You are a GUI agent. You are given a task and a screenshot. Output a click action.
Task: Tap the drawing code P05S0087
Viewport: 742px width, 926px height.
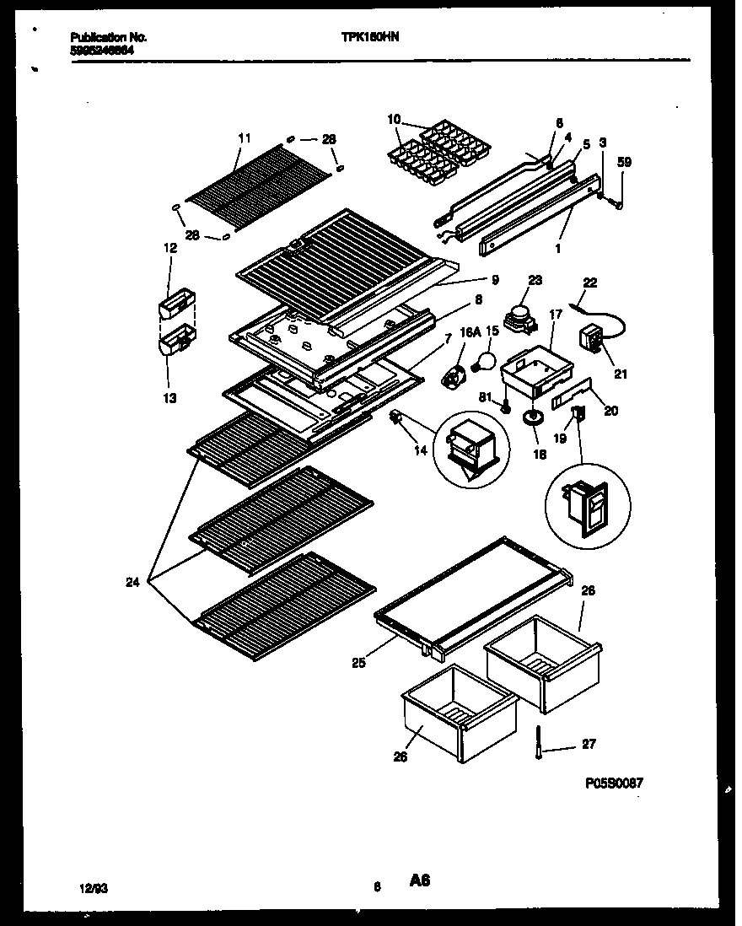pos(614,783)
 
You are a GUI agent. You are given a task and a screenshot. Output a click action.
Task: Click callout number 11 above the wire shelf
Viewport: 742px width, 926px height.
pos(245,137)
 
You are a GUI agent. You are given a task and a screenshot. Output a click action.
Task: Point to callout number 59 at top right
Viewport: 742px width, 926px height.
pos(624,162)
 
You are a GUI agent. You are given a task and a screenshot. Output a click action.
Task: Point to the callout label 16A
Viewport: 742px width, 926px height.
pos(469,331)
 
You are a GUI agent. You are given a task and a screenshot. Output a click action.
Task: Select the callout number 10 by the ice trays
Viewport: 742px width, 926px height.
pos(393,119)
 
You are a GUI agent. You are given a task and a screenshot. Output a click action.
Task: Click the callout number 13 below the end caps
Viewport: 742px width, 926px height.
pos(170,397)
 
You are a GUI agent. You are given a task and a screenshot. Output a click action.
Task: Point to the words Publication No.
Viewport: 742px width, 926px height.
pos(109,38)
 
